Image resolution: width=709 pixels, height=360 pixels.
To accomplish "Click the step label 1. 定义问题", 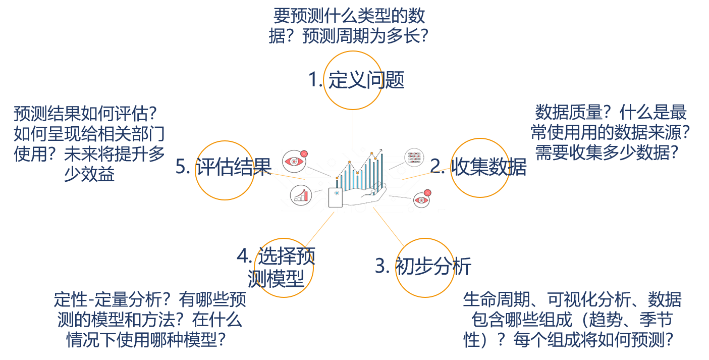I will click(x=356, y=80).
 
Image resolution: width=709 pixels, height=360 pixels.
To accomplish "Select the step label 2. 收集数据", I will click(x=478, y=167).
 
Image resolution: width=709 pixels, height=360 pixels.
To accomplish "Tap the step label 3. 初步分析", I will click(x=423, y=266).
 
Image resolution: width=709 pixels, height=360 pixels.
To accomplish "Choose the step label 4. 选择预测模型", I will click(x=276, y=268).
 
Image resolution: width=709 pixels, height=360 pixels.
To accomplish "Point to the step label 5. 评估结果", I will click(x=224, y=167).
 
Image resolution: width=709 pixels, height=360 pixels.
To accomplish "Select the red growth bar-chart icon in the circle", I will click(x=301, y=195).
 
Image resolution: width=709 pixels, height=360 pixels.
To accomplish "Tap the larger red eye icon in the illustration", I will click(x=295, y=161).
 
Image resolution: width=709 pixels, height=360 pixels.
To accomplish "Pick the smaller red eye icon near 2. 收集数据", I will click(x=422, y=200).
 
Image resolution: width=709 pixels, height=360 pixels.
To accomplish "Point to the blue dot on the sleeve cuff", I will click(x=336, y=192).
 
